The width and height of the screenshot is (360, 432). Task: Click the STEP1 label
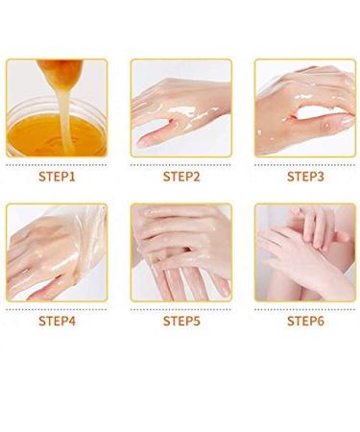57,177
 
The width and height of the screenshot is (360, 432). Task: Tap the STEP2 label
180,177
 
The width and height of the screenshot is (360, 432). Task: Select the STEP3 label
305,177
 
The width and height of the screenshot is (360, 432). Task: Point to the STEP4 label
57,321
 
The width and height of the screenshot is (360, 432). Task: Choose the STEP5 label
180,321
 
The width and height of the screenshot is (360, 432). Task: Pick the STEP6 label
305,321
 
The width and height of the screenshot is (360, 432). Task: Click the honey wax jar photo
57,108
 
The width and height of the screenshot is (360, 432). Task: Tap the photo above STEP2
180,108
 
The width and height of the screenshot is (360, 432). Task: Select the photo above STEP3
305,108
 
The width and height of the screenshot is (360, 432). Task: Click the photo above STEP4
57,252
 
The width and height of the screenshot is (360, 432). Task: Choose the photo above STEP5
180,252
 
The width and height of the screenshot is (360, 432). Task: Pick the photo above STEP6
305,252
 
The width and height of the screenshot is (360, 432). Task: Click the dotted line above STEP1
57,164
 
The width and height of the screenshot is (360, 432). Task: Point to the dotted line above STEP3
305,164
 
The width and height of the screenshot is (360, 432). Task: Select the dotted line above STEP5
180,308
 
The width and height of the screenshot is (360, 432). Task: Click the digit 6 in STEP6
323,321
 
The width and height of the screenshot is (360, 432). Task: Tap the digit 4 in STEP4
74,321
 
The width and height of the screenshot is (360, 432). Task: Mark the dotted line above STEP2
180,164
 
